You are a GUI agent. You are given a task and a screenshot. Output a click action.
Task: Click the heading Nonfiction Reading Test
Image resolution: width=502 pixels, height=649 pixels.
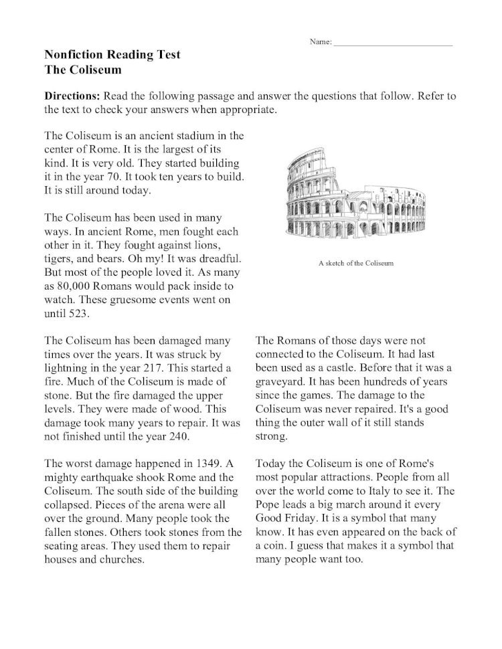coord(112,55)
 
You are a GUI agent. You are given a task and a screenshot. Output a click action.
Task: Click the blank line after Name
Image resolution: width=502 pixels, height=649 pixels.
coord(393,43)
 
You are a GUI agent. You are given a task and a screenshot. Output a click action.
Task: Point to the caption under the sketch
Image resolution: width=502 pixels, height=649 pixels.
coord(356,263)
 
